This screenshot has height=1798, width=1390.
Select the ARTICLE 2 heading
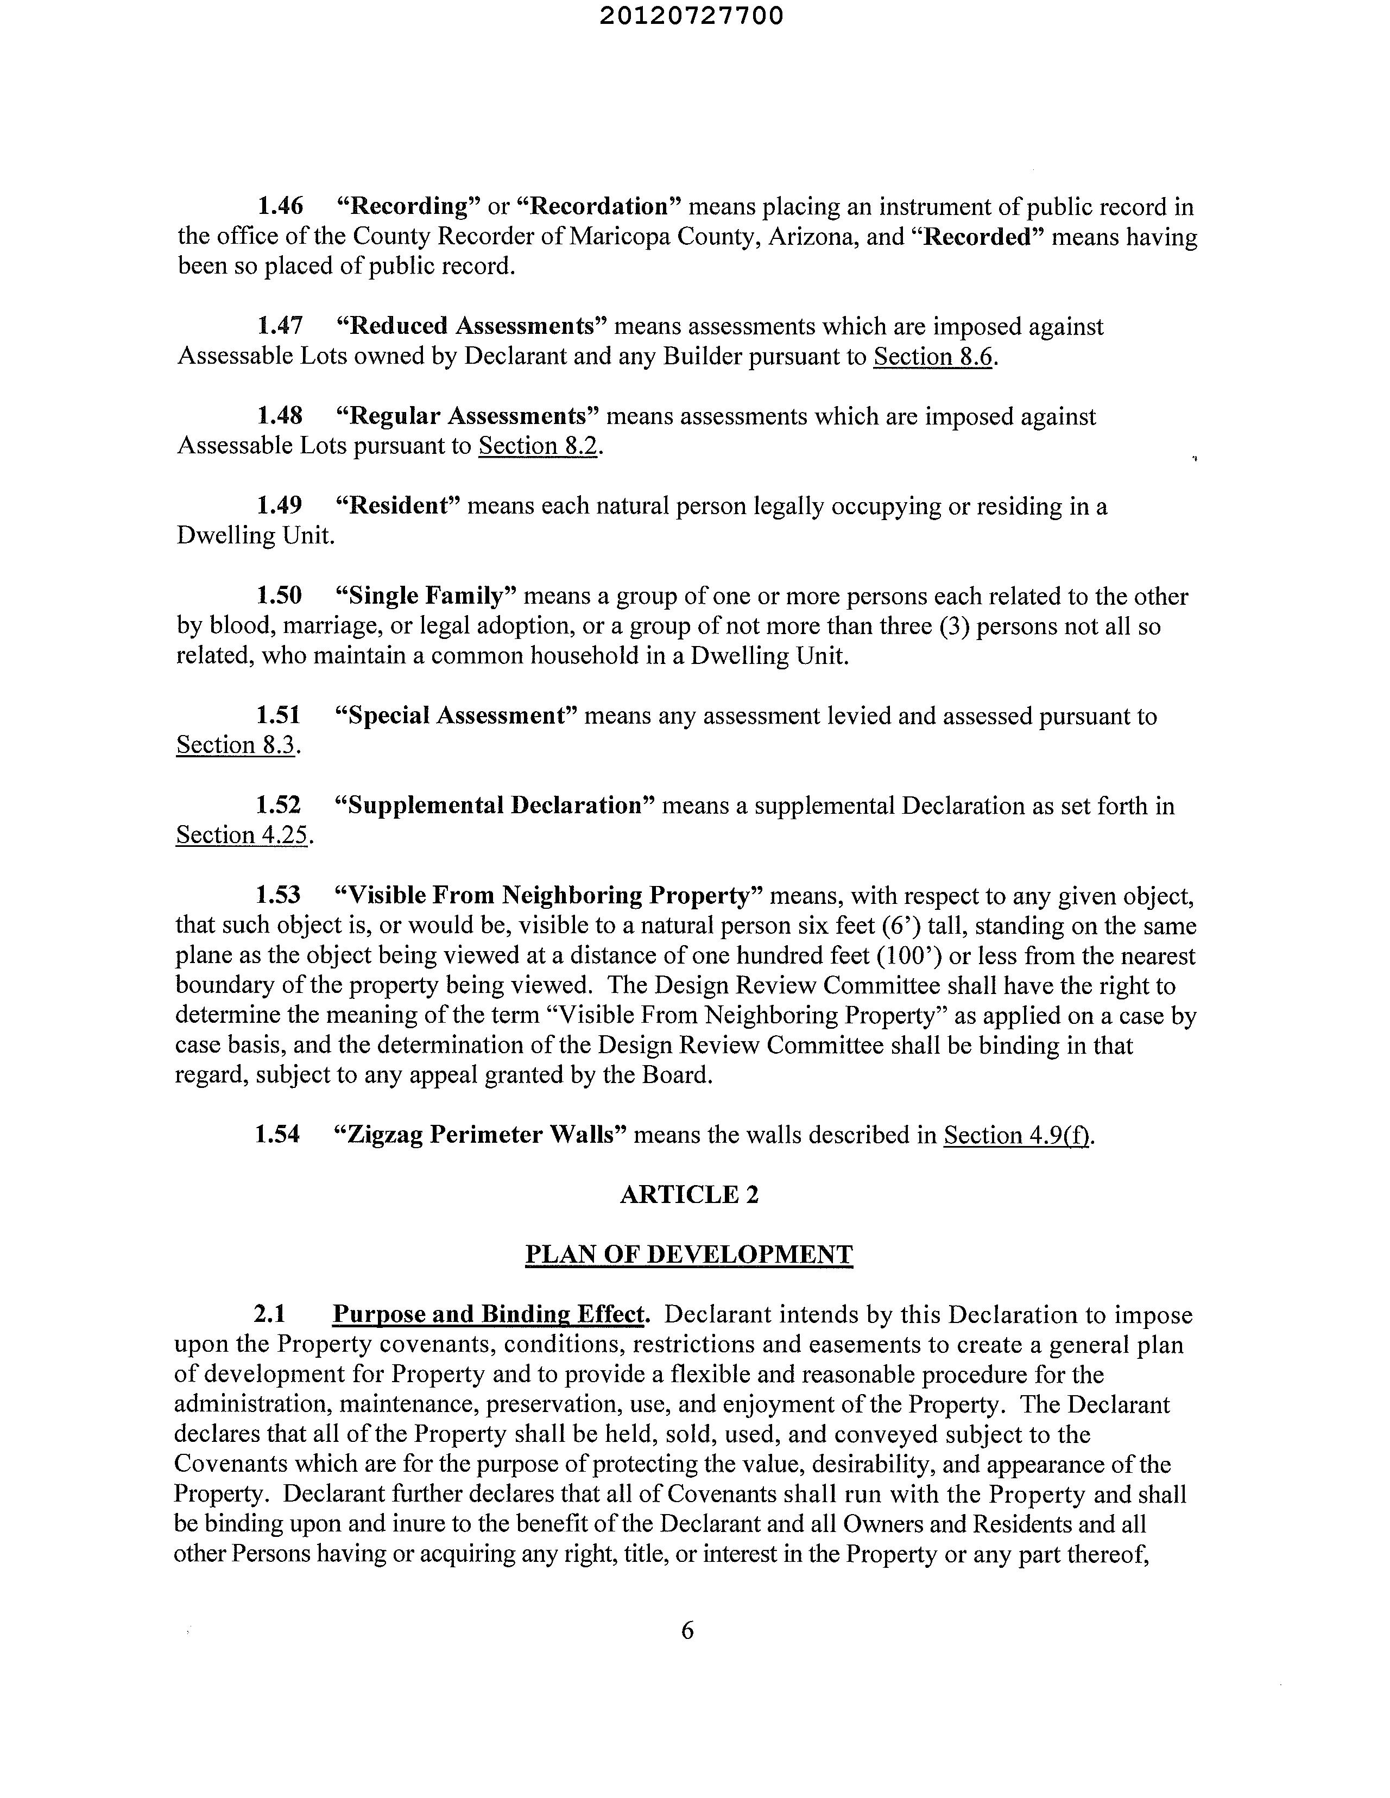coord(688,1194)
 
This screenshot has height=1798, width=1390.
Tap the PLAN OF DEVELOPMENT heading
coord(688,1255)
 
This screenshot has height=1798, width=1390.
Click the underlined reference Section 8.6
coord(932,357)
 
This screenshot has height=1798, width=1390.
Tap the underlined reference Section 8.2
coord(538,446)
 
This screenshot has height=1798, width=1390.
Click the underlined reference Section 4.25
coord(241,835)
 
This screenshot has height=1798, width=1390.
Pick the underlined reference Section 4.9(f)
coord(1017,1136)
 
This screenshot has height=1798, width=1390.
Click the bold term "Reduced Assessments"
coord(472,327)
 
